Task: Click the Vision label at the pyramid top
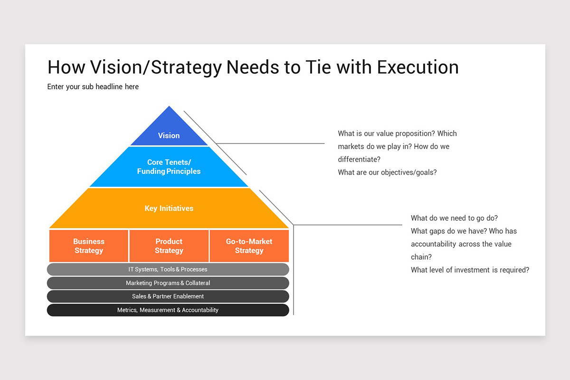coord(169,135)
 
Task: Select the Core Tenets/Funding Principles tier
coord(169,167)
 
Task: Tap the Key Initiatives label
coord(169,208)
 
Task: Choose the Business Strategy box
coord(89,246)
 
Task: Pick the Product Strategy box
coord(169,246)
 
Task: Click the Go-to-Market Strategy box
coord(249,246)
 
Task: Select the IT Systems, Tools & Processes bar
coord(168,269)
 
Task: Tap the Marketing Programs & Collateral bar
coord(168,283)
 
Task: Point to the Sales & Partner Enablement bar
coord(168,296)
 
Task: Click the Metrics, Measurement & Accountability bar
coord(168,310)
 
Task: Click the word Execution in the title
coord(418,67)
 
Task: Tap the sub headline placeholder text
coord(93,87)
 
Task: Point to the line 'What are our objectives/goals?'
coord(387,172)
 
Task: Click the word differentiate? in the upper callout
coord(359,160)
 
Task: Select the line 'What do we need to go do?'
coord(454,218)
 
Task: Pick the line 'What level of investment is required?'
coord(470,270)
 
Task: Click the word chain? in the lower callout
coord(422,257)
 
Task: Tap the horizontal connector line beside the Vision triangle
coord(271,143)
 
